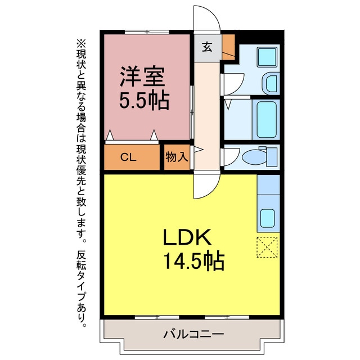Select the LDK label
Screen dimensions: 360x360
coord(188,238)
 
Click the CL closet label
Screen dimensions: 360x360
coord(128,157)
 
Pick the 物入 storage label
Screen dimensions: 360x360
coord(177,157)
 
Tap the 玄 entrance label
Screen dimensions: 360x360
coord(208,47)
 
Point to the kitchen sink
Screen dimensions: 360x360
coord(268,217)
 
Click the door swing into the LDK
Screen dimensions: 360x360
coord(207,186)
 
